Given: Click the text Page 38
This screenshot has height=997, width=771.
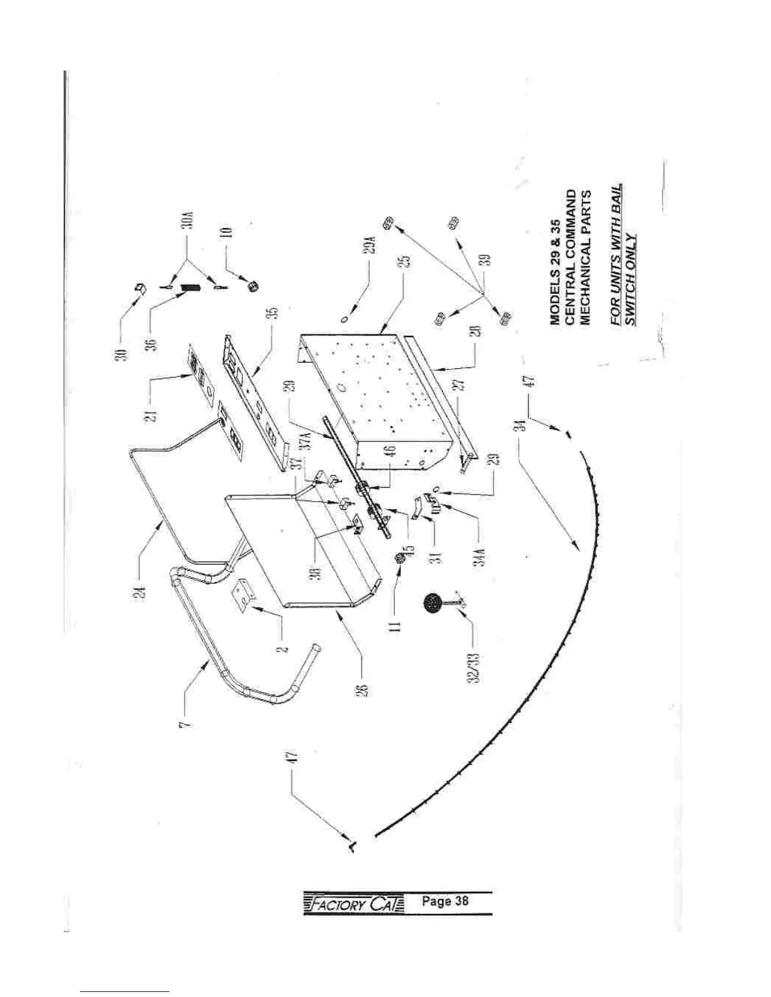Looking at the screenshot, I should (446, 901).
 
